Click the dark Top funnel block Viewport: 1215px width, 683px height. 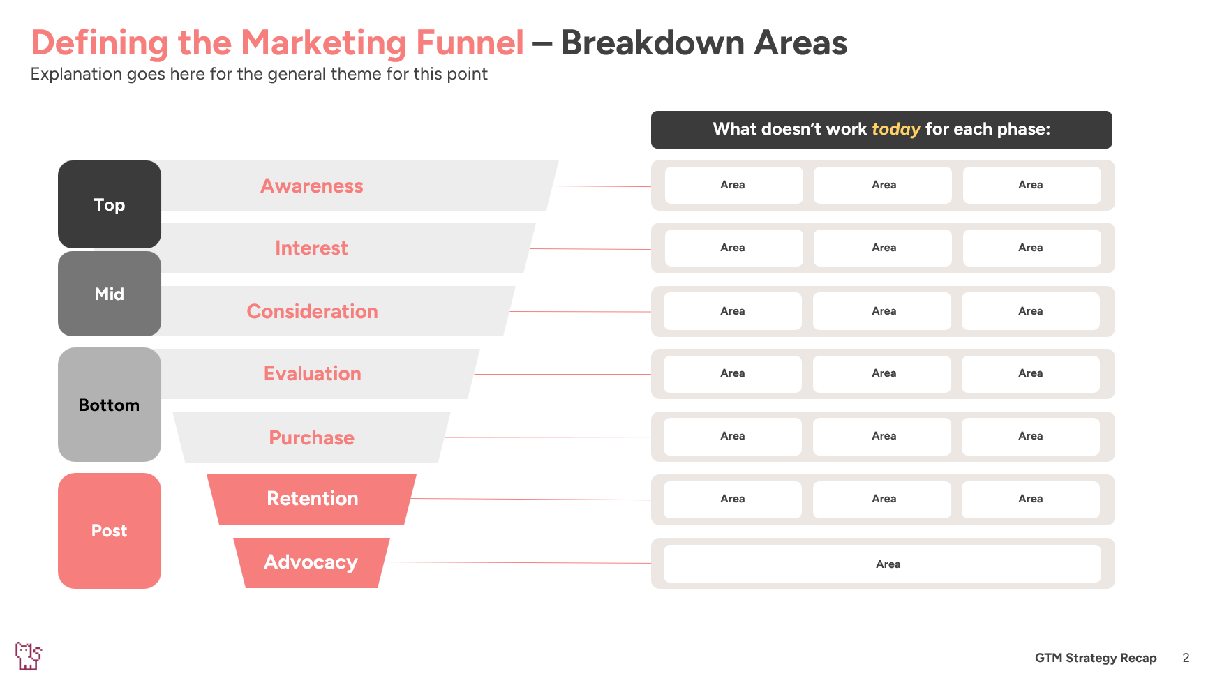110,204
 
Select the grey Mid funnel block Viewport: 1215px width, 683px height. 110,294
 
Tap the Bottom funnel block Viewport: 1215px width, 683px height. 110,405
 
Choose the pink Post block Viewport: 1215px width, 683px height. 110,530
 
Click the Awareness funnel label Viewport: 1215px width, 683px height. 312,186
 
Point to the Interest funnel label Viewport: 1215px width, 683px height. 311,248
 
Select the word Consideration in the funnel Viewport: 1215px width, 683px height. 312,311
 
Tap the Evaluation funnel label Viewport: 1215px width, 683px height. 312,373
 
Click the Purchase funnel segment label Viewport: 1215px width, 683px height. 312,437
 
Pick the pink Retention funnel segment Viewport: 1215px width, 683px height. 312,499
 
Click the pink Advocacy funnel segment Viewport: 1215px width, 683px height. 311,562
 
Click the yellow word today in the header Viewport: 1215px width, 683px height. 896,129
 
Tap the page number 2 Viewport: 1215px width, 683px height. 1186,658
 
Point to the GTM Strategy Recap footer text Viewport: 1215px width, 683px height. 1095,658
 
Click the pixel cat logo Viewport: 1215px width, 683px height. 29,656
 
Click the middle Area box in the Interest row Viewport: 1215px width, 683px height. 883,248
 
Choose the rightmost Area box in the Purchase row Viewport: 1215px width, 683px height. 1030,436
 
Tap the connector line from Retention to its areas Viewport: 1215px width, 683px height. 530,499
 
